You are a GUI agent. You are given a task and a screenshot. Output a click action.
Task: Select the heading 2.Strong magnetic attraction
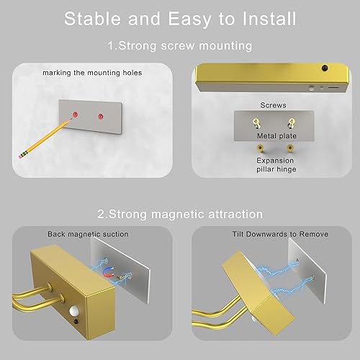pyautogui.click(x=180, y=215)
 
